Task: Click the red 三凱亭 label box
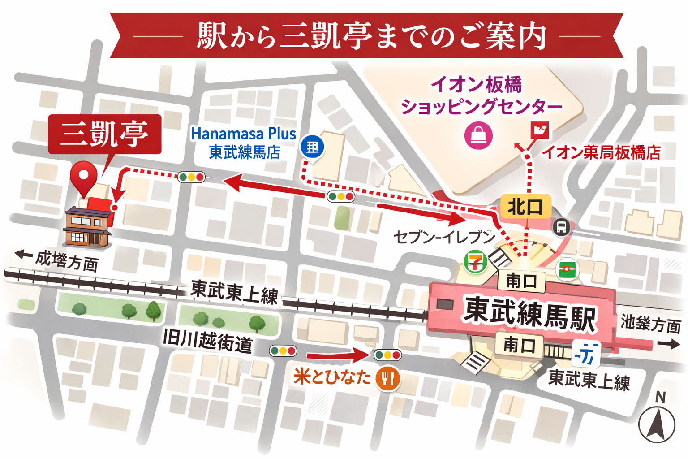click(104, 134)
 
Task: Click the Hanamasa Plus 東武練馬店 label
click(244, 143)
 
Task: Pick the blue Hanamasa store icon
click(312, 147)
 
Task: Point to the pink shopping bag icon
click(478, 135)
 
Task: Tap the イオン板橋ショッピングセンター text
click(481, 95)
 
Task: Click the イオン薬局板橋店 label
click(601, 152)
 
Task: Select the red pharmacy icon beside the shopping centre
click(539, 130)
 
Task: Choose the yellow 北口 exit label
click(525, 207)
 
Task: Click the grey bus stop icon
click(561, 227)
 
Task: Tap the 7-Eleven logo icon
click(475, 262)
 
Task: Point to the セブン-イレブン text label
click(443, 236)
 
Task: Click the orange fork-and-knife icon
click(388, 379)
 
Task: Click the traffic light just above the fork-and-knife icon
click(388, 355)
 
